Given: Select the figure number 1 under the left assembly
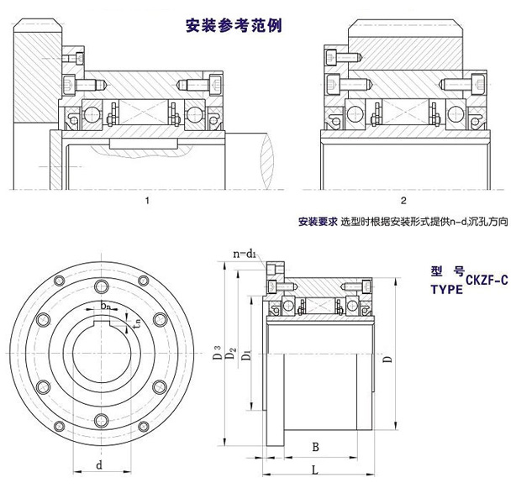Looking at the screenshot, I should (147, 201).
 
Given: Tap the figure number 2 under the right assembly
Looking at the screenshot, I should (404, 201).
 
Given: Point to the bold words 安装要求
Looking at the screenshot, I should (317, 223).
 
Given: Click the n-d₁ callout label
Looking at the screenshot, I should (246, 252).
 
